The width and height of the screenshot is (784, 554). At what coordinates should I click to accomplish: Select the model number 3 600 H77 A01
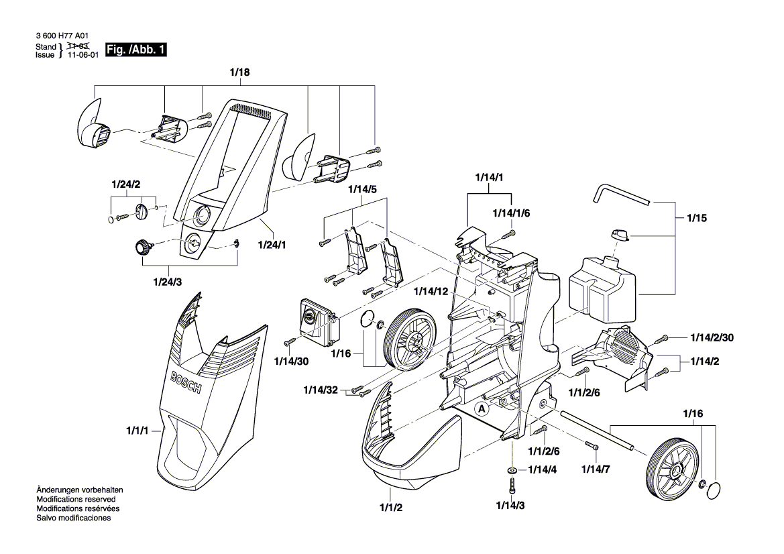click(62, 37)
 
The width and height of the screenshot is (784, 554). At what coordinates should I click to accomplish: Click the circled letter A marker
click(482, 407)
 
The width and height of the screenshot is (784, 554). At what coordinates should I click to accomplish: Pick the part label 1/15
click(696, 218)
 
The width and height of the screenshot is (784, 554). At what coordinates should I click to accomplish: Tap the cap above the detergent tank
click(620, 234)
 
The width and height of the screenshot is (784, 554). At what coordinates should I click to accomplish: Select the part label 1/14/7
click(595, 469)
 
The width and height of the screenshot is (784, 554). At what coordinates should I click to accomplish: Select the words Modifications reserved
click(76, 500)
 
